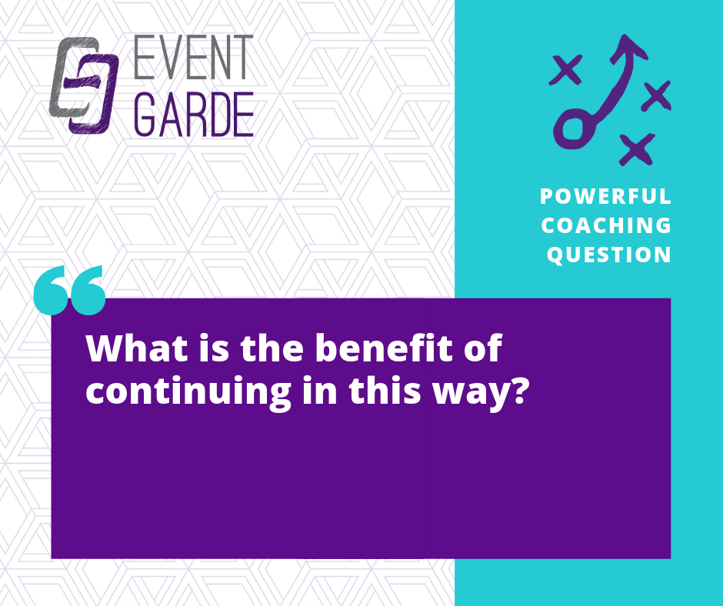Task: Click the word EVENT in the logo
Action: point(193,57)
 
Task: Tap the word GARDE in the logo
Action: point(194,115)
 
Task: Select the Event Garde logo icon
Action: point(84,85)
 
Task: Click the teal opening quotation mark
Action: point(70,290)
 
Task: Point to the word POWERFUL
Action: point(605,196)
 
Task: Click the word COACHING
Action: point(606,225)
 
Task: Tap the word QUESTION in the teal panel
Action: point(608,255)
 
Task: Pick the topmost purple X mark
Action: point(566,70)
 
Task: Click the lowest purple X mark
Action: point(637,149)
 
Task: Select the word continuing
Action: point(188,392)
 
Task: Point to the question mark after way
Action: point(518,390)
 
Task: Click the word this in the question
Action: point(385,390)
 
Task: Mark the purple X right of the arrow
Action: point(656,95)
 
